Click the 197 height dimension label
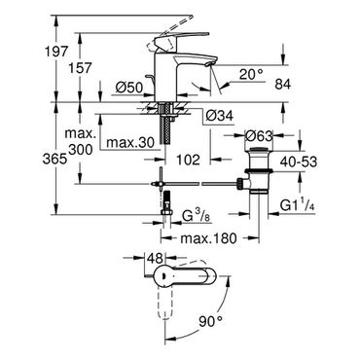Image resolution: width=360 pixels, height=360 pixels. click(x=57, y=52)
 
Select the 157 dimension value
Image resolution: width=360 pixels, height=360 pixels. click(x=81, y=68)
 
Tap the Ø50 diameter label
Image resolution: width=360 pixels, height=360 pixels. click(x=129, y=88)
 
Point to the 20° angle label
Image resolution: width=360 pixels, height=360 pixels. click(x=251, y=75)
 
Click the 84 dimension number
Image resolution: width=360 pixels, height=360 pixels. click(x=283, y=85)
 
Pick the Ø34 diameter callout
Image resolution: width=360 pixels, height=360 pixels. click(x=220, y=115)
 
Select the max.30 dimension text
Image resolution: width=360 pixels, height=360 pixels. click(x=130, y=142)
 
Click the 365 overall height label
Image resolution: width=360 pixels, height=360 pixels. click(x=55, y=160)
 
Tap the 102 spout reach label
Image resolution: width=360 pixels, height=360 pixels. click(x=188, y=160)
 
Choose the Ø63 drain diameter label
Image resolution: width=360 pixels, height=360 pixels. click(x=259, y=136)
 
